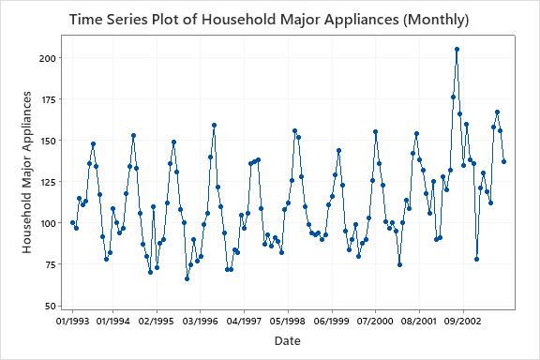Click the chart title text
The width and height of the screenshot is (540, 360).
point(269,20)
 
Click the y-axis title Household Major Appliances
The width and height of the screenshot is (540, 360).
point(29,172)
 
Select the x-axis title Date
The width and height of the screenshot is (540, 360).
point(288,341)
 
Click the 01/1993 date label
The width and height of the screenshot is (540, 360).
point(72,321)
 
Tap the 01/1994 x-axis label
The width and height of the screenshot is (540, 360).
point(112,321)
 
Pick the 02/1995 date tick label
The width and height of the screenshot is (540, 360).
point(157,321)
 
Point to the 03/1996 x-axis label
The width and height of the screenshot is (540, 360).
point(201,321)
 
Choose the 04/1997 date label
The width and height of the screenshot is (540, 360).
point(245,321)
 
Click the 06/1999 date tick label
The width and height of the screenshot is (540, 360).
point(332,321)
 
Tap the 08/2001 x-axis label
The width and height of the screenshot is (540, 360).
point(419,321)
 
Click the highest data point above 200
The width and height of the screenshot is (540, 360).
point(457,49)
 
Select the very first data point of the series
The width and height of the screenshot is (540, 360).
point(72,223)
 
